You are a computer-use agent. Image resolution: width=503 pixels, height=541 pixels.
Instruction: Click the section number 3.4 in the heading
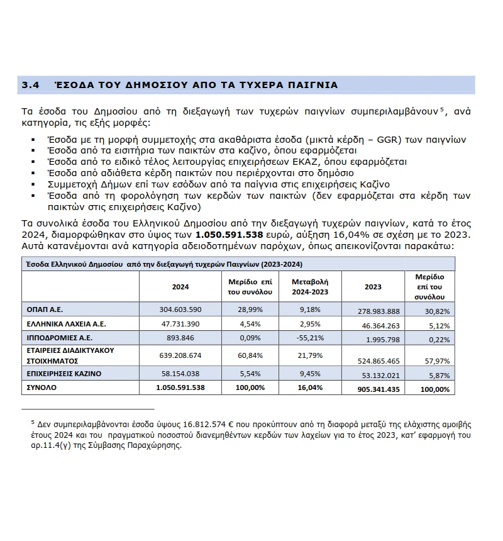pyautogui.click(x=31, y=85)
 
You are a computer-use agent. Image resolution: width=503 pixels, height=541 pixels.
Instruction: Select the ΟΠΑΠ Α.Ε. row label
pyautogui.click(x=45, y=310)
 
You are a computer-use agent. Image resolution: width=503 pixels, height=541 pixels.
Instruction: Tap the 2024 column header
pyautogui.click(x=180, y=286)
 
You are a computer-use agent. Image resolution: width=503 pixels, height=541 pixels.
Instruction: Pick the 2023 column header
pyautogui.click(x=373, y=286)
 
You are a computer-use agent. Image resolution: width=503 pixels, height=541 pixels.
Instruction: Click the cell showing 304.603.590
pyautogui.click(x=180, y=310)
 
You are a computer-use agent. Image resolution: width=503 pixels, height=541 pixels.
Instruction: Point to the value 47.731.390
pyautogui.click(x=180, y=324)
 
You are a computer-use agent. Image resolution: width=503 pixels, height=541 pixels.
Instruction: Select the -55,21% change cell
pyautogui.click(x=308, y=338)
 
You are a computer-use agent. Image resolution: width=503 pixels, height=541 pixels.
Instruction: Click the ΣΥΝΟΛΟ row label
pyautogui.click(x=41, y=388)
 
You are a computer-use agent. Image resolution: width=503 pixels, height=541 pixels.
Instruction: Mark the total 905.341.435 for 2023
pyautogui.click(x=377, y=389)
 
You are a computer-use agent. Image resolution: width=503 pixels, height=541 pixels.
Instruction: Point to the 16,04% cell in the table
pyautogui.click(x=308, y=388)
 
